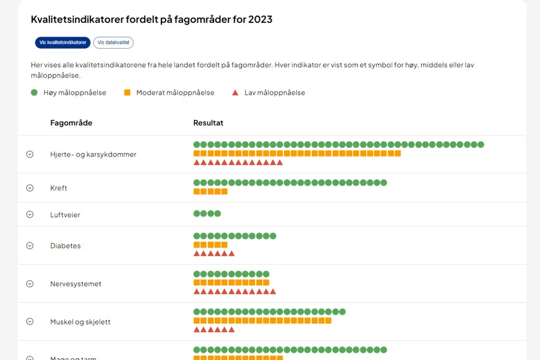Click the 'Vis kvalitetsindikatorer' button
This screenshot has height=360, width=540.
click(63, 43)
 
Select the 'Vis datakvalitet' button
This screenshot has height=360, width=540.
click(113, 43)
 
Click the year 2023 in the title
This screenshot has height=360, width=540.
click(260, 19)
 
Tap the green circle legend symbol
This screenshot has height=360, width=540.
click(34, 92)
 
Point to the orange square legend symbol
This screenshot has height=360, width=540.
click(127, 92)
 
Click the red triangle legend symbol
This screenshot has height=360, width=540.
click(235, 92)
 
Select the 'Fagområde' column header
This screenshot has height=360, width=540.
click(71, 123)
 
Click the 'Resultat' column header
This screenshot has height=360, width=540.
click(208, 123)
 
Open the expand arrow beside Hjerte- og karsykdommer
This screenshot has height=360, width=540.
click(30, 154)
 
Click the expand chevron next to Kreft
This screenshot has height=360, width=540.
click(30, 188)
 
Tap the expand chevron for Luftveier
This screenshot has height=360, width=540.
click(30, 214)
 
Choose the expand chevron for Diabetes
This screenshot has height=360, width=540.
click(30, 245)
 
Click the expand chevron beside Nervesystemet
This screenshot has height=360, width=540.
click(30, 284)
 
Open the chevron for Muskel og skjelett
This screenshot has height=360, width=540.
click(30, 322)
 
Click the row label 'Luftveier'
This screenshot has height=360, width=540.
click(65, 215)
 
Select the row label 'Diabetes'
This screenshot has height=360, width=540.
click(65, 246)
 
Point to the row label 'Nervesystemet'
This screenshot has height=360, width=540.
click(76, 284)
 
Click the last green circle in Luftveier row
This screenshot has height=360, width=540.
click(218, 214)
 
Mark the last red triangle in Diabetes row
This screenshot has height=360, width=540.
click(232, 254)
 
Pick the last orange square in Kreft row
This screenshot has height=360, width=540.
click(224, 192)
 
